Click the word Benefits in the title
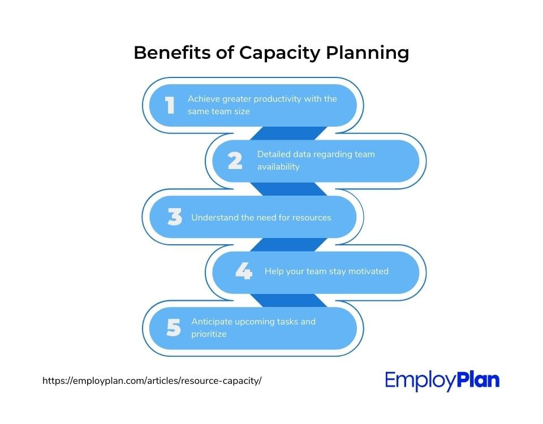coord(172,53)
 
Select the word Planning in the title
coord(368,54)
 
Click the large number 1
coord(170,105)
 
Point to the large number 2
coord(235,161)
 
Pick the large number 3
coord(175,217)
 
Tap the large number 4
coord(244,270)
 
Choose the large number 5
coord(174,327)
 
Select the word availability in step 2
coord(278,167)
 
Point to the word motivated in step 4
coord(368,271)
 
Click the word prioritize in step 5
coord(209,334)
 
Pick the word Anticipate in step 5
coord(212,322)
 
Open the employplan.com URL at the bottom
coord(152,380)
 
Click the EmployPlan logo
coord(442,380)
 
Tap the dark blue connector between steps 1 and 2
coord(288,133)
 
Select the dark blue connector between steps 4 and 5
coord(288,300)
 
